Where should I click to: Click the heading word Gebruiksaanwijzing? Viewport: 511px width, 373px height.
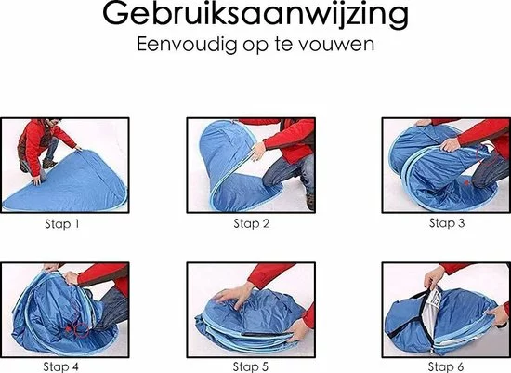click(255, 15)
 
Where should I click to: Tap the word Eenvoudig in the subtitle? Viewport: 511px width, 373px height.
click(187, 45)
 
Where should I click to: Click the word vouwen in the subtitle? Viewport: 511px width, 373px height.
click(336, 45)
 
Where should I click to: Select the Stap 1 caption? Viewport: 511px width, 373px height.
click(62, 224)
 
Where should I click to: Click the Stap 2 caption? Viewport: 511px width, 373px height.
click(251, 223)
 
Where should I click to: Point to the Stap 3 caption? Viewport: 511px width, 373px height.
click(447, 223)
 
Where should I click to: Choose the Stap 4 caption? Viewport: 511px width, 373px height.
click(61, 366)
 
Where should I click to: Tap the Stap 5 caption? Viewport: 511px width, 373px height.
click(251, 366)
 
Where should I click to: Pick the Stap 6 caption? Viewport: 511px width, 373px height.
click(445, 366)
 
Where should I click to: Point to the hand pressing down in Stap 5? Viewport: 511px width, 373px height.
click(232, 295)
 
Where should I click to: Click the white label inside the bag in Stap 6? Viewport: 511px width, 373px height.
click(434, 297)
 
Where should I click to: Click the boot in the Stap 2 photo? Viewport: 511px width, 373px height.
click(310, 201)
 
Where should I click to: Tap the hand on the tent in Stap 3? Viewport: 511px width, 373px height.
click(451, 144)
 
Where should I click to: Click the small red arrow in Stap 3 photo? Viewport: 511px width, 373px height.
click(467, 182)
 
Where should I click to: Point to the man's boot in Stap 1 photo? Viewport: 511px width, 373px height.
click(49, 164)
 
